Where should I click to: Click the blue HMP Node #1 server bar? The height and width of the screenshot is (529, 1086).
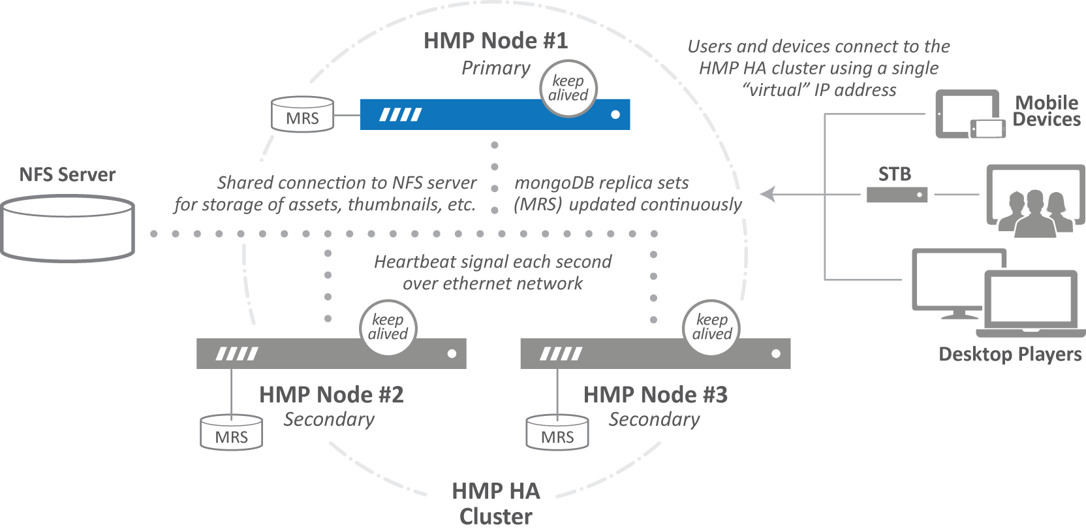click(470, 116)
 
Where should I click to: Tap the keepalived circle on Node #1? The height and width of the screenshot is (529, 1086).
click(568, 89)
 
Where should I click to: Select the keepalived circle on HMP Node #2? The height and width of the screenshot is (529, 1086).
click(388, 327)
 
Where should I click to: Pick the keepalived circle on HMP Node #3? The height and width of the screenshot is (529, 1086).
click(711, 327)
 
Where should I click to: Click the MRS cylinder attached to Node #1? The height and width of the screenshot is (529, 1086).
click(302, 115)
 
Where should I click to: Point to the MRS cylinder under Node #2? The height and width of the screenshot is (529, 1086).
click(231, 433)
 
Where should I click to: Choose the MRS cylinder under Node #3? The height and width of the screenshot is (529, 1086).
click(557, 433)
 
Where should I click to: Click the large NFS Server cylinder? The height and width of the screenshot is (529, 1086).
click(67, 229)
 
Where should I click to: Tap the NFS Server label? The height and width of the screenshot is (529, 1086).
click(67, 175)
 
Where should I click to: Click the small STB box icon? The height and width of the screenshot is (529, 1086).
click(897, 195)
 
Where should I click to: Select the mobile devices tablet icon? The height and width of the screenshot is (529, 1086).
click(966, 114)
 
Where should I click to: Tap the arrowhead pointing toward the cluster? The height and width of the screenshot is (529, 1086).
click(768, 194)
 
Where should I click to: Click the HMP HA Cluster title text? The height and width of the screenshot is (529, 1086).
click(495, 503)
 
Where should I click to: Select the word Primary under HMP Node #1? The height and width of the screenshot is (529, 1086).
click(495, 68)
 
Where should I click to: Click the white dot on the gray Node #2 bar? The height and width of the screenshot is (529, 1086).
click(452, 354)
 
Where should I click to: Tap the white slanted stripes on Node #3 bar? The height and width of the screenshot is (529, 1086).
click(561, 354)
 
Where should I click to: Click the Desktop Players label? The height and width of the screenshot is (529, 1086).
click(1010, 354)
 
